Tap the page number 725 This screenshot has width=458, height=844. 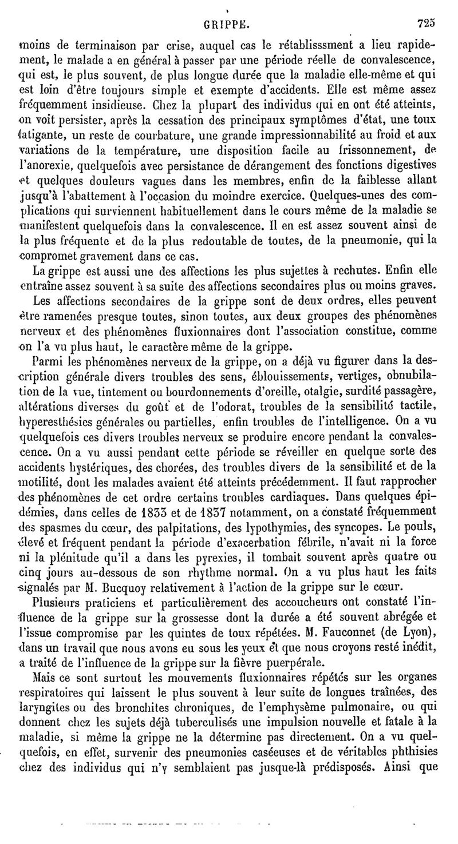point(427,24)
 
